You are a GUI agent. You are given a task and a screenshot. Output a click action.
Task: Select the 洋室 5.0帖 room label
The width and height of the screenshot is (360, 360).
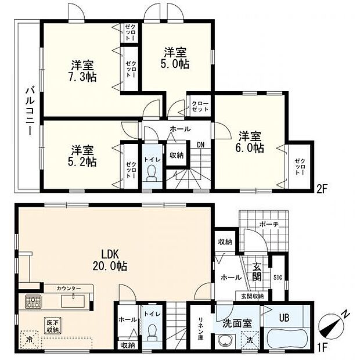tap(175, 56)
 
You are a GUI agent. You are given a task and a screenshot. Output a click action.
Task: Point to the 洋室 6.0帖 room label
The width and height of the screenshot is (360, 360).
tap(251, 142)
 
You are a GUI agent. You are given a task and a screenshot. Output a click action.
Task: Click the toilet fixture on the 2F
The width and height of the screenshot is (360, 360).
tap(152, 173)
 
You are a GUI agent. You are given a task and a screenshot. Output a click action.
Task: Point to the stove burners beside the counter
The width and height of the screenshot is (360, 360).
tap(32, 302)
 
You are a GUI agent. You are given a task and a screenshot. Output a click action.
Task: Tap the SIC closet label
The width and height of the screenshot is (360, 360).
tap(278, 276)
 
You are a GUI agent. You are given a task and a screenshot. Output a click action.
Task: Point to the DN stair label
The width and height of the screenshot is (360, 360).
tap(200, 145)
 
